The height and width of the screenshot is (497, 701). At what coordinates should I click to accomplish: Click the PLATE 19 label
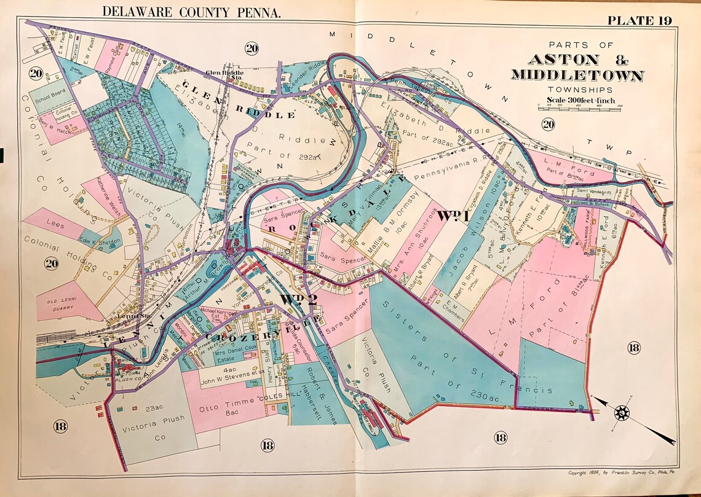tap(639, 20)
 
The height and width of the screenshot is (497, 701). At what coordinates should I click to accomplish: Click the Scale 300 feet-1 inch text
tap(581, 100)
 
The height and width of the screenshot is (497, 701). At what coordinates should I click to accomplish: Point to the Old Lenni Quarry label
tap(65, 305)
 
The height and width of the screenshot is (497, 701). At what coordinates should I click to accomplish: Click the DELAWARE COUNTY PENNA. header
tap(191, 11)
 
